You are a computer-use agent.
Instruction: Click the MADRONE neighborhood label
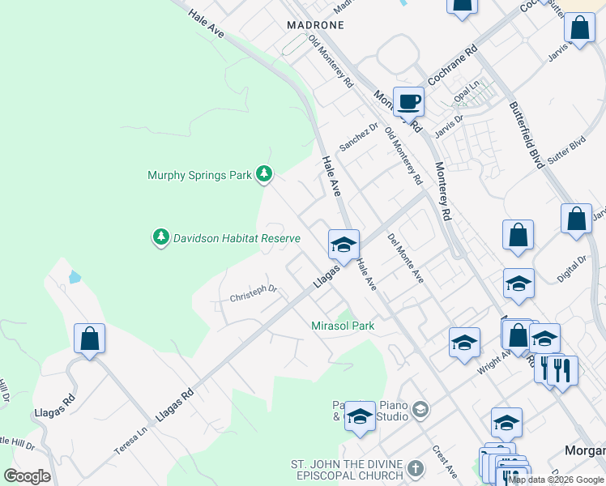click(x=315, y=25)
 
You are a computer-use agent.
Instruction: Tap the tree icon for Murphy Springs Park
click(x=263, y=174)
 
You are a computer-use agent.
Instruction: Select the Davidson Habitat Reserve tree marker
click(x=161, y=237)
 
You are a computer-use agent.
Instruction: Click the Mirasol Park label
click(x=343, y=326)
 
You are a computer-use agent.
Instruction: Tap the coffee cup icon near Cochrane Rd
click(x=409, y=102)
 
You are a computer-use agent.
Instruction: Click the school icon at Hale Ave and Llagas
click(x=344, y=245)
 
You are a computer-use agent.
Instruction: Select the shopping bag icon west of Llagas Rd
click(x=90, y=339)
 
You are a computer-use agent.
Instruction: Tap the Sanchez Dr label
click(x=358, y=137)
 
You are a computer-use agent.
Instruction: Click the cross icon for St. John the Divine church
click(x=415, y=469)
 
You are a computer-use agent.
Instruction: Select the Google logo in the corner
click(x=27, y=475)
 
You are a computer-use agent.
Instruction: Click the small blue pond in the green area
click(x=75, y=277)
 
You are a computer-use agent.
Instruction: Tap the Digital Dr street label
click(x=572, y=271)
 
